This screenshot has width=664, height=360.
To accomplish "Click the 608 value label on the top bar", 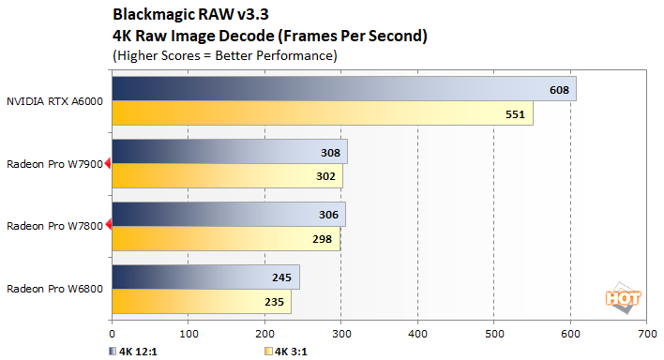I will click(x=560, y=89).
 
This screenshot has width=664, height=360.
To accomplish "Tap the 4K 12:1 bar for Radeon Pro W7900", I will click(x=229, y=152).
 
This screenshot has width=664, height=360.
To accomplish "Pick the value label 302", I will click(x=326, y=176).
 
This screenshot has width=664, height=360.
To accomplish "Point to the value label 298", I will click(x=324, y=239).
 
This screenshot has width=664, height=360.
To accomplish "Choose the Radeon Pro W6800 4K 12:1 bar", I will click(x=205, y=277).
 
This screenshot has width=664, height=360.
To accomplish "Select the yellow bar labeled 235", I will click(x=201, y=302).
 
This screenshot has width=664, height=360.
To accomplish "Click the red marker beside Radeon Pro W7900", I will click(x=108, y=163).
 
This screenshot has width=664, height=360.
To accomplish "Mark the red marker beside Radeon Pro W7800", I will click(x=108, y=225).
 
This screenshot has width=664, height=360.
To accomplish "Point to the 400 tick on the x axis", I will click(x=417, y=332).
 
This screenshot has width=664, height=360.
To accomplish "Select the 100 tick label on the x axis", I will click(x=189, y=332).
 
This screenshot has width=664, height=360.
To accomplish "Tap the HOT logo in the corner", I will click(x=624, y=297).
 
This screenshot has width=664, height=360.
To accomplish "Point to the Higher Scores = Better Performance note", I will click(x=225, y=55).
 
